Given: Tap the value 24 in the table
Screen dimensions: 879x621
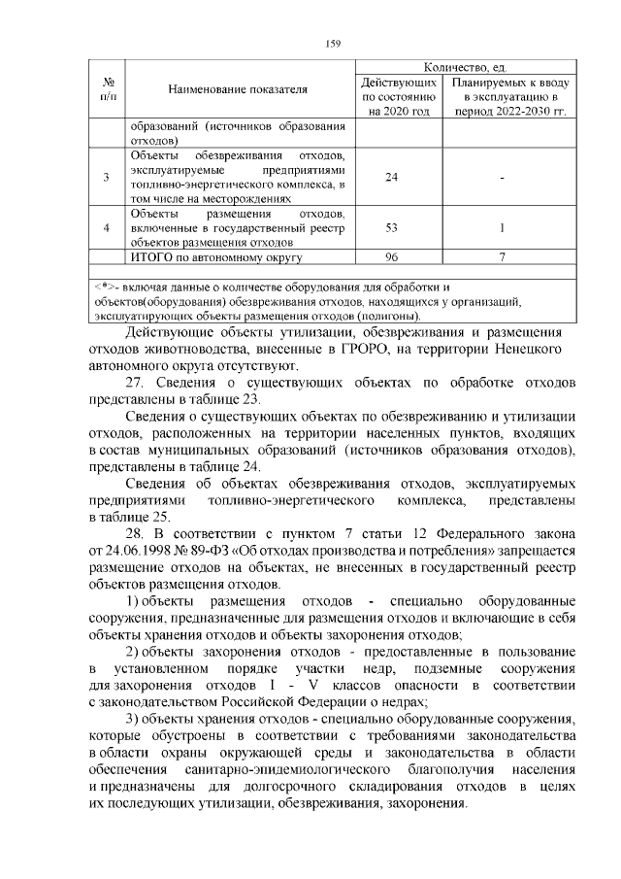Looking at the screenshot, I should [x=392, y=177].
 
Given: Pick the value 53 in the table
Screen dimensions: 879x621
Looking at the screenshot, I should [x=392, y=227].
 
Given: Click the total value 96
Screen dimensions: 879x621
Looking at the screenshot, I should [x=392, y=257].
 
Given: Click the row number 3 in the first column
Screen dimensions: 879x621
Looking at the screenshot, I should [x=107, y=177].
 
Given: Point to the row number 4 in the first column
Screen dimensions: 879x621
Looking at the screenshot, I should [x=107, y=227].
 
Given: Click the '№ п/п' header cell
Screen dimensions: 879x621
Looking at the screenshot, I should [x=109, y=89].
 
